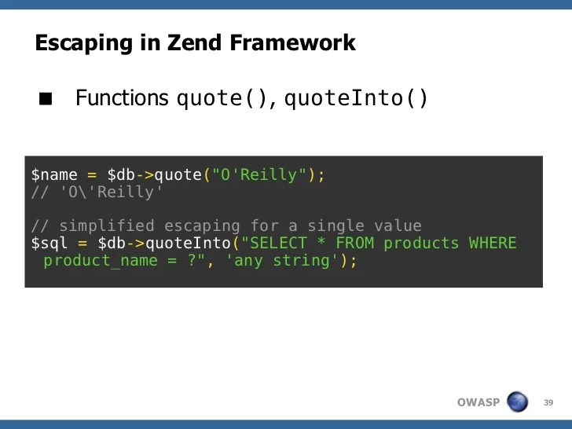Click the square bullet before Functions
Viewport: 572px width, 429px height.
(x=46, y=100)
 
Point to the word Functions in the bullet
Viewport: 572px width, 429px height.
(x=122, y=98)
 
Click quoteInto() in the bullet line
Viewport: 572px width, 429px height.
(x=356, y=99)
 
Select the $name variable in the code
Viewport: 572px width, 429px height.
(x=54, y=174)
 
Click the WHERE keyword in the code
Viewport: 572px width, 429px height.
(x=493, y=243)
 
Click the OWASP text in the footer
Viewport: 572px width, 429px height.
(x=478, y=402)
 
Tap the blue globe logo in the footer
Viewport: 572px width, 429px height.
(x=518, y=401)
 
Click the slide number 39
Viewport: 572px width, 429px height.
(x=548, y=402)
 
